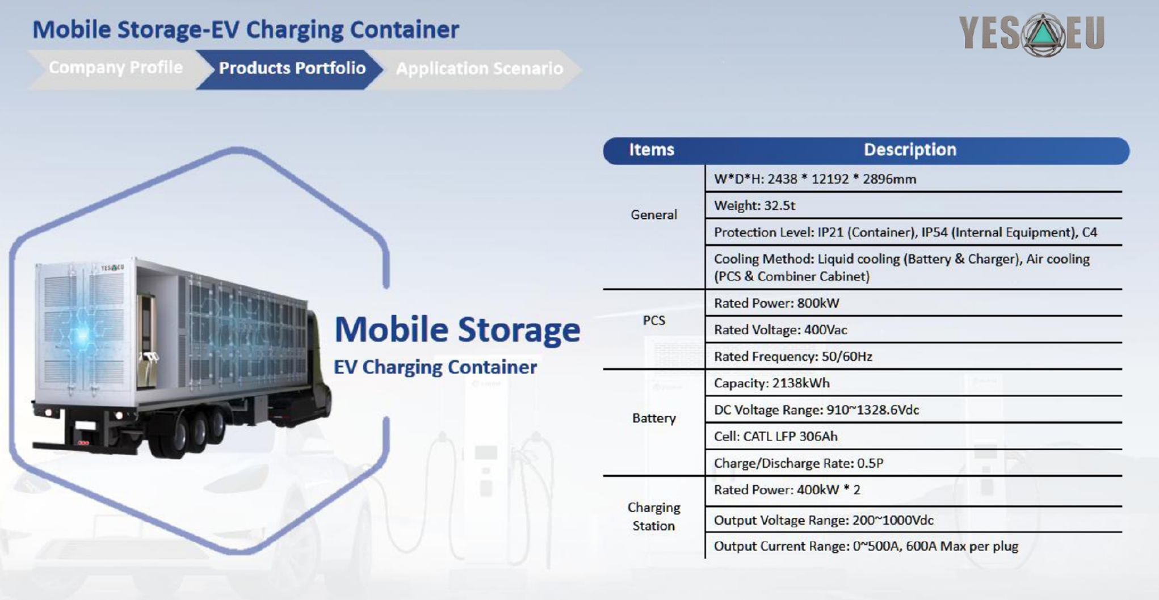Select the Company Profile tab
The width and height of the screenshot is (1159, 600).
pos(115,67)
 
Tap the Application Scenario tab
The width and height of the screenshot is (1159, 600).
pos(480,69)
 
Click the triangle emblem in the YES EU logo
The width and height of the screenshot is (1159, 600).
pos(1043,35)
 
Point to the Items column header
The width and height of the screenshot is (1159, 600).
pos(652,150)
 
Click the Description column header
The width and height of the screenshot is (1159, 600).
pos(910,150)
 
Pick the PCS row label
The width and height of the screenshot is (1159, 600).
pos(654,320)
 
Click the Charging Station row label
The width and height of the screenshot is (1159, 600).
pos(654,517)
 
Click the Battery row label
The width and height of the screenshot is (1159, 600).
pos(654,418)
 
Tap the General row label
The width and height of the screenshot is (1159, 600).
pos(654,215)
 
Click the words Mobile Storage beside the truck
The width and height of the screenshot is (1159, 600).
pos(457,329)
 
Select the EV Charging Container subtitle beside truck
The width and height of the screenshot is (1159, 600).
pos(435,367)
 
